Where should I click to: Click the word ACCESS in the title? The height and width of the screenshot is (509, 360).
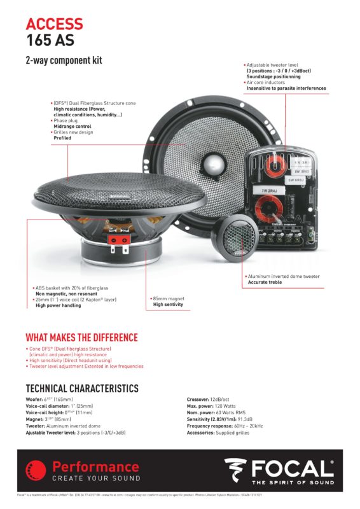(x=54, y=24)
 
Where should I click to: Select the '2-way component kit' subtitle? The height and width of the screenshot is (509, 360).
(x=64, y=61)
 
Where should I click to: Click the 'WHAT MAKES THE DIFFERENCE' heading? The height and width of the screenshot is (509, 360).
(x=81, y=337)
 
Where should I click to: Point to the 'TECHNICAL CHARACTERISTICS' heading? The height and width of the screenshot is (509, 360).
(x=81, y=388)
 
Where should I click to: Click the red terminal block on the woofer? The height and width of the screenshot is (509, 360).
(x=115, y=240)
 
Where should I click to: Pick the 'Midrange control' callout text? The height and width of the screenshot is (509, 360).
(x=73, y=126)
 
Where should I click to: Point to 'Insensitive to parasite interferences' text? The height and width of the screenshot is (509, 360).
(x=286, y=88)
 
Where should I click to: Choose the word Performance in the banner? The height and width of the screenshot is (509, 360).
(x=95, y=466)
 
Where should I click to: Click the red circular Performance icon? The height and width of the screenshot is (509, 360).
(x=36, y=471)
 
